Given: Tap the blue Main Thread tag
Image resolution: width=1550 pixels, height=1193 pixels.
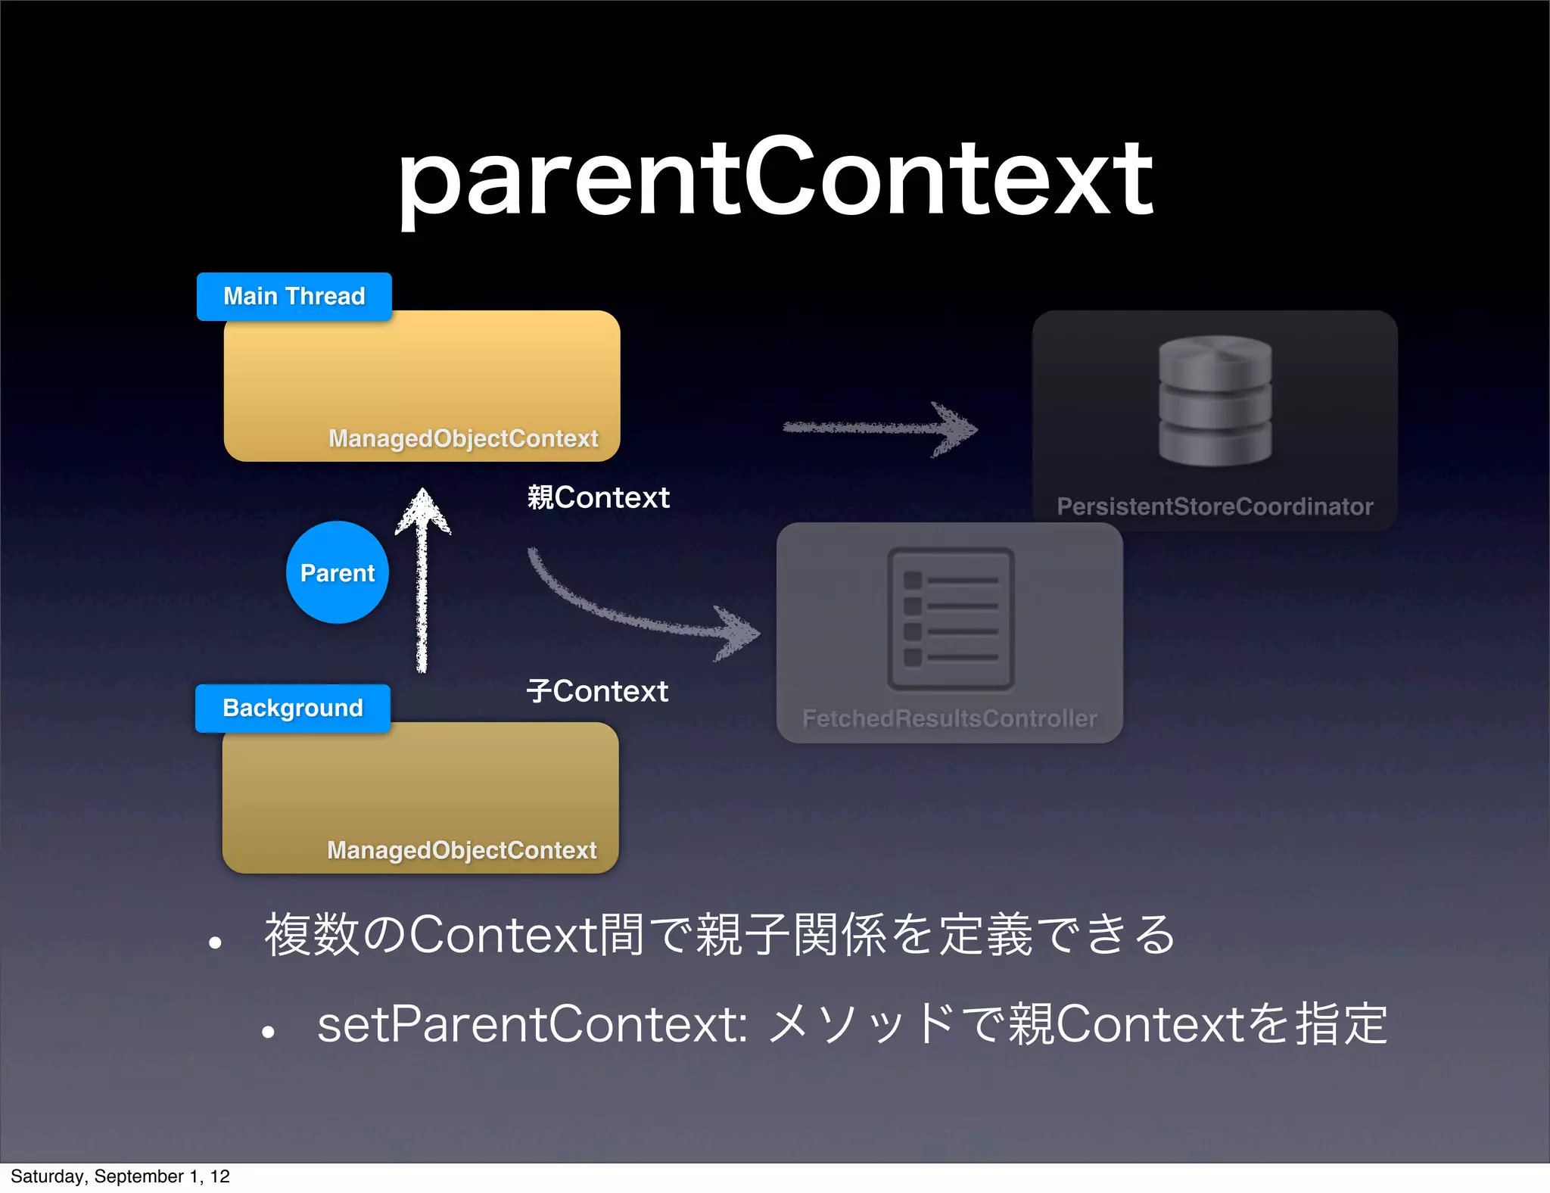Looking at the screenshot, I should coord(294,296).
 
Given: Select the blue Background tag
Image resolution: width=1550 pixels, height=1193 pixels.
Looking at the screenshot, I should coord(292,708).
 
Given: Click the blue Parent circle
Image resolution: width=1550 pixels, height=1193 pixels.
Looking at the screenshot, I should coord(338,573).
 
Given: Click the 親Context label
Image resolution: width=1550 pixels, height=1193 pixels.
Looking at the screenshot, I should coord(598,497).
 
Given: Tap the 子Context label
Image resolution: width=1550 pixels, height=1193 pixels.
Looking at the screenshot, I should coord(597,691).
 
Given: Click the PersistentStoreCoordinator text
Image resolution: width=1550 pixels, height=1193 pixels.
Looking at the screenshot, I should coord(1215,506).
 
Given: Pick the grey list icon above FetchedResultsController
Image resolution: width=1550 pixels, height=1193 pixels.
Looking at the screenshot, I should coord(951,618).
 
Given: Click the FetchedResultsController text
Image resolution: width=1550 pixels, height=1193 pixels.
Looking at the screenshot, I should coord(949,718).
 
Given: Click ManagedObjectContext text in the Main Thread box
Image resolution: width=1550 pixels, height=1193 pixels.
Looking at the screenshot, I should coord(463,438).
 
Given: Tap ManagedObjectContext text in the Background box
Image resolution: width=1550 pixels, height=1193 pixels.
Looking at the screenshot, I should coord(462,850).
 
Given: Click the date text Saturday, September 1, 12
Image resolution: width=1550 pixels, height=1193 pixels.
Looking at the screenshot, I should coord(120,1176).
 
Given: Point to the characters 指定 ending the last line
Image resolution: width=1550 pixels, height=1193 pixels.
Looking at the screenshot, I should coord(1342,1024).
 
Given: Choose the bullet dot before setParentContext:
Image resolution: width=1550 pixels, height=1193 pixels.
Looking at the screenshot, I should coord(267,1032).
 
